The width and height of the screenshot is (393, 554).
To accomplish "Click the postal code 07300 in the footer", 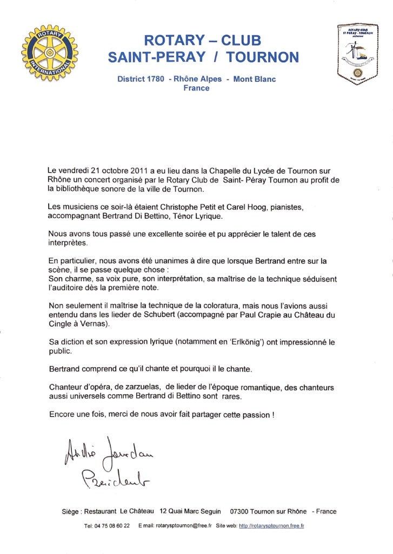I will click(x=241, y=511).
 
